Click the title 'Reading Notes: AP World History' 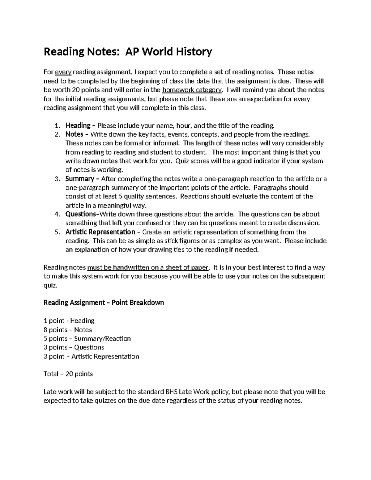point(128,52)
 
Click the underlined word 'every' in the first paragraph point(63,72)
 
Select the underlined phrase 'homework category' point(192,90)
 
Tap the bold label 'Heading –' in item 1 point(80,125)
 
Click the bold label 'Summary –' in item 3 point(82,179)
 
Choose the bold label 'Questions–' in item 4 point(82,214)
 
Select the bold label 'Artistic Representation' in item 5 point(100,232)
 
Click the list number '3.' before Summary point(57,179)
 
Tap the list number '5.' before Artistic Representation point(57,232)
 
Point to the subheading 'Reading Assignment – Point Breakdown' point(104,303)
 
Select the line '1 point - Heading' point(69,321)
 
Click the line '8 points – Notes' point(68,330)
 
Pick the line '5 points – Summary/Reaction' point(87,339)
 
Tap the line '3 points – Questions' point(74,347)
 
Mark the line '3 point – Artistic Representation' point(91,357)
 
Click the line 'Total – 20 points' point(68,374)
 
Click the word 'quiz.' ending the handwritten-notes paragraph point(50,286)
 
